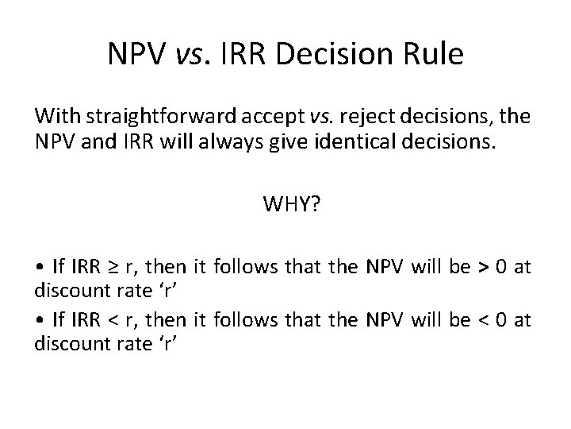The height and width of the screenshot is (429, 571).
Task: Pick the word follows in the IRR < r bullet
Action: [250, 321]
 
